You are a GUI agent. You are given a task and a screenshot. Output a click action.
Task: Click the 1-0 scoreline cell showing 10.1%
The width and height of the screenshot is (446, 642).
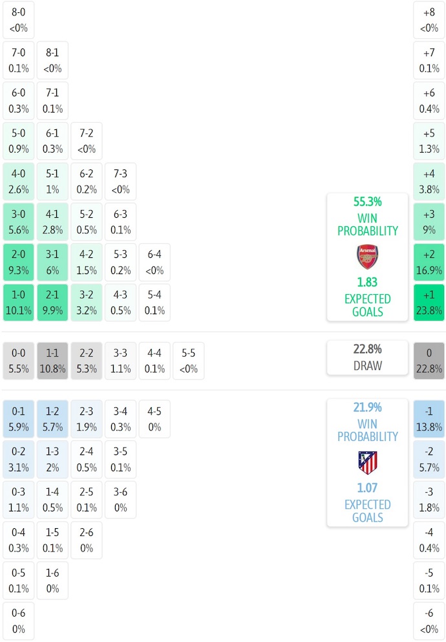(19, 303)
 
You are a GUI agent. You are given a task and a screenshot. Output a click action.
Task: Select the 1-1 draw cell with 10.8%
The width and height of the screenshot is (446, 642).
(52, 361)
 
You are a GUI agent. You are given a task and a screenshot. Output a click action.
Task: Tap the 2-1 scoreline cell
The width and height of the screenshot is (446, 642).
(52, 303)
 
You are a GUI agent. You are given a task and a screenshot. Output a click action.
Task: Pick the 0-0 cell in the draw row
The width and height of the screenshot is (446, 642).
(19, 361)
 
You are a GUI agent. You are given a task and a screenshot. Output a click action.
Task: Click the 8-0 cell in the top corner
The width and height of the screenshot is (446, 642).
(19, 19)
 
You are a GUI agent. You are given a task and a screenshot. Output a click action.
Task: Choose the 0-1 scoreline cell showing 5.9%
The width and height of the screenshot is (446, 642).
(19, 418)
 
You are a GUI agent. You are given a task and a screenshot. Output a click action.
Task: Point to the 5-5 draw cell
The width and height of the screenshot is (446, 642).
(188, 361)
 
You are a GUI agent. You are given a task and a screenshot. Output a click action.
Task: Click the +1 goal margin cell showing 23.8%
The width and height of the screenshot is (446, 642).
(429, 303)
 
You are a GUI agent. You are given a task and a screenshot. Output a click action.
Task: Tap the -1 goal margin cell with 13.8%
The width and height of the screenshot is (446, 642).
(429, 418)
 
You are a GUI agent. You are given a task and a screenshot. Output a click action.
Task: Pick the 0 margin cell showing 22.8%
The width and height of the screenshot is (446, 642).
(429, 361)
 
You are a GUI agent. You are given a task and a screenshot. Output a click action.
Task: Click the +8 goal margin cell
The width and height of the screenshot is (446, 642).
(429, 19)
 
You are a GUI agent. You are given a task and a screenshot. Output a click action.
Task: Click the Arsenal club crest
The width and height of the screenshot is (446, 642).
(367, 257)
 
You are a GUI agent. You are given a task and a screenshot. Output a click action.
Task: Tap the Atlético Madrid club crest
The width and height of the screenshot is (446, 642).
(367, 462)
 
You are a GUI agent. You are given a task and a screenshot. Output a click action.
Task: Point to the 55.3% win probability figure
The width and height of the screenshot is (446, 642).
(367, 202)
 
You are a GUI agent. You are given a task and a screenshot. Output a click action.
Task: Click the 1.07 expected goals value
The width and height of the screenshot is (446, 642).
(367, 488)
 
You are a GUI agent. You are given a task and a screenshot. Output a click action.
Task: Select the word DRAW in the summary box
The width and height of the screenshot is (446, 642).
(367, 366)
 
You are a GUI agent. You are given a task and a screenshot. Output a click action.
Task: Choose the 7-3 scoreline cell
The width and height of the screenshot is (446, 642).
(120, 182)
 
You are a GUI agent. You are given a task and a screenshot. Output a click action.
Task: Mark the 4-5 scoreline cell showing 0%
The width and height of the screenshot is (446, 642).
(154, 418)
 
